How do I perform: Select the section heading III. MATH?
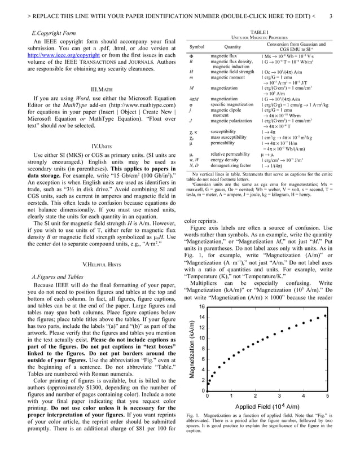pyautogui.click(x=102, y=90)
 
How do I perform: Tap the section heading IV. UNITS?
pyautogui.click(x=102, y=147)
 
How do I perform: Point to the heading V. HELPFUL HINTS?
pyautogui.click(x=102, y=264)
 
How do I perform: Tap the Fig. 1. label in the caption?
pyautogui.click(x=194, y=416)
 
